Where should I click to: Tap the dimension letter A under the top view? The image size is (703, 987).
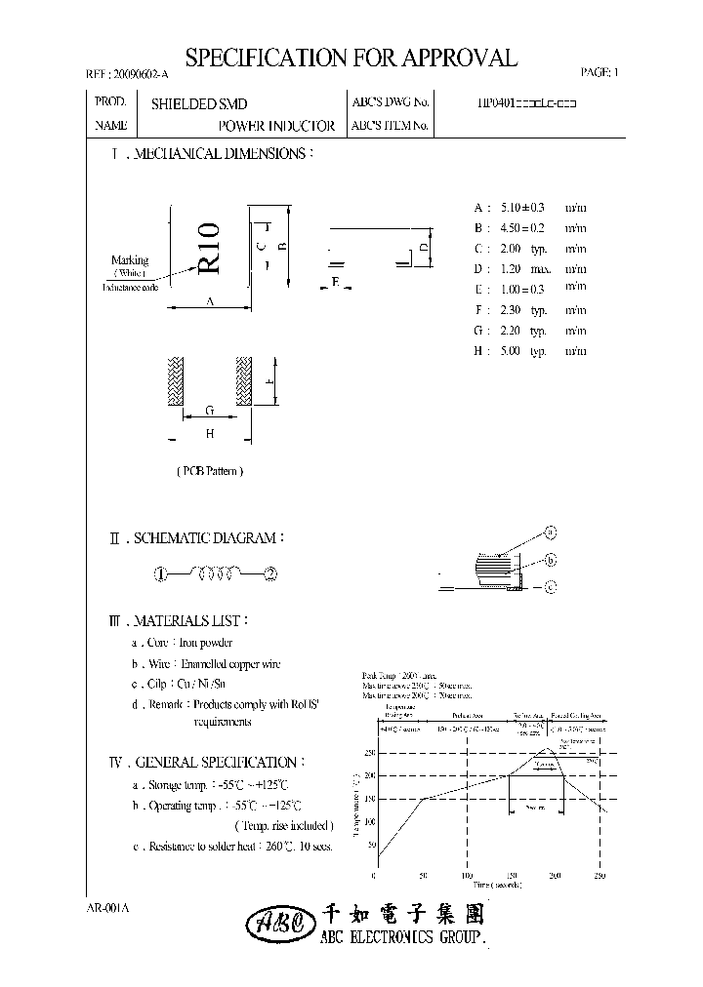(x=210, y=302)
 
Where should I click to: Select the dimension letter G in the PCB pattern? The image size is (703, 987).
(x=209, y=413)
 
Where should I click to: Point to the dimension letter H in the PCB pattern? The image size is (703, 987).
(x=209, y=434)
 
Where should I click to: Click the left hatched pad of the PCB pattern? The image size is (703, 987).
(x=176, y=381)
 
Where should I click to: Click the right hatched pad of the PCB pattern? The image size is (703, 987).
(x=242, y=381)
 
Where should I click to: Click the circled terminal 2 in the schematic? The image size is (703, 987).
(x=270, y=574)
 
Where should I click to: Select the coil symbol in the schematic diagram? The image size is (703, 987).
(x=216, y=573)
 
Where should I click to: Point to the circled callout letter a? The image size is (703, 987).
(x=550, y=533)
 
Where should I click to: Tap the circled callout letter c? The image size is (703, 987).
(x=550, y=586)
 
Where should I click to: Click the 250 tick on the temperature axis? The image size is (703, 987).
(x=369, y=753)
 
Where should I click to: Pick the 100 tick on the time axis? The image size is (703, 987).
(x=466, y=876)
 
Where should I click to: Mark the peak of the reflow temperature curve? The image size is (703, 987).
(x=549, y=748)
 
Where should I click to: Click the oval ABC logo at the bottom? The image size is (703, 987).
(x=280, y=923)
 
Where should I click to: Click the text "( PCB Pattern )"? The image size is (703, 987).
(x=210, y=471)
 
